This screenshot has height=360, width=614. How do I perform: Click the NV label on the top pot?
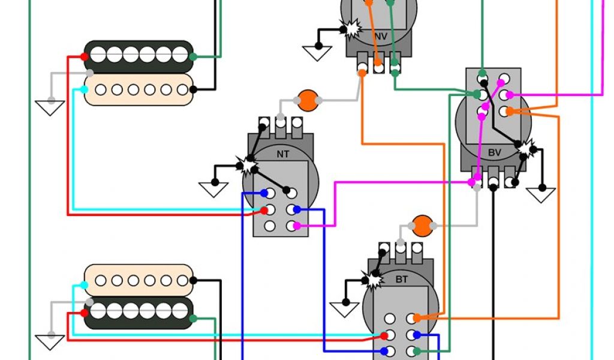[380, 37]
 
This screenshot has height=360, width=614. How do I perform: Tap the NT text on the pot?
[283, 154]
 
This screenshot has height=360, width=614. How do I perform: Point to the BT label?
[401, 279]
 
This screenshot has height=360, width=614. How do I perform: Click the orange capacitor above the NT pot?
[308, 101]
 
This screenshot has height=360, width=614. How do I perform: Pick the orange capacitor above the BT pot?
[423, 226]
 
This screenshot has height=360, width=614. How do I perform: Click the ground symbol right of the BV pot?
[540, 194]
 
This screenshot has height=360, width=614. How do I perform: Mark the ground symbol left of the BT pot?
[345, 309]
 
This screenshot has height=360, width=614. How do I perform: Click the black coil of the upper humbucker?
[139, 56]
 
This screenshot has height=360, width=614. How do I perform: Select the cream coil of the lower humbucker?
[139, 280]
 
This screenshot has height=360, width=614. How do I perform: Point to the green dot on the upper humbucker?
[193, 57]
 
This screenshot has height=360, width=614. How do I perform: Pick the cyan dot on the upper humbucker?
[84, 90]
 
